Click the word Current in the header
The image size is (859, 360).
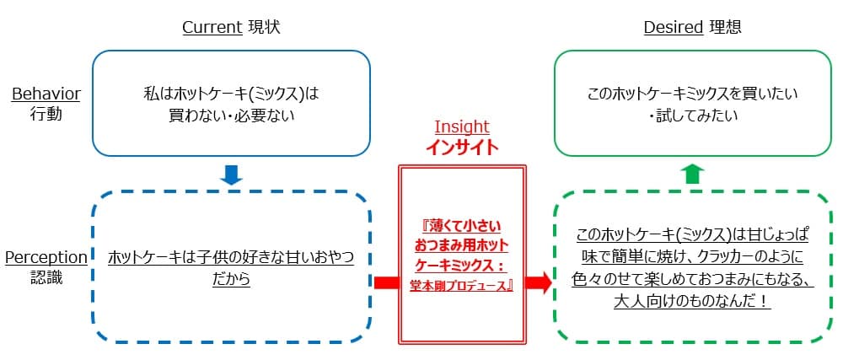212,28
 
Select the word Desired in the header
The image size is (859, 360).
673,28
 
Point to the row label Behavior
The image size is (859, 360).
46,94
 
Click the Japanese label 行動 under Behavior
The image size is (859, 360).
46,113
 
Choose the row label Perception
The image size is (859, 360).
46,257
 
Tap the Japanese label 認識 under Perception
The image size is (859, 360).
46,277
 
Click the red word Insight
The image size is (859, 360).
461,126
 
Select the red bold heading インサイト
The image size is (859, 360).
461,146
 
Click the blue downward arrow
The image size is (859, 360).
231,175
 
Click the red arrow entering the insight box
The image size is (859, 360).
385,282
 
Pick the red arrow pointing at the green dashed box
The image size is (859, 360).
538,282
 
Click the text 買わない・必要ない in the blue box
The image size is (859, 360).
232,116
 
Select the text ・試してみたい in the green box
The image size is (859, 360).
693,116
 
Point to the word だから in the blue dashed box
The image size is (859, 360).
232,279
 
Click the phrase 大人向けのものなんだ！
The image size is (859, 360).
692,300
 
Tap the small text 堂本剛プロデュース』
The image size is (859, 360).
461,286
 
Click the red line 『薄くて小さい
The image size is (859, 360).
461,226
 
